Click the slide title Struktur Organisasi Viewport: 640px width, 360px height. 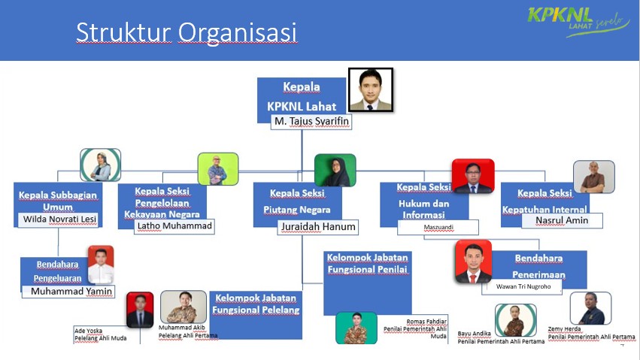[x=186, y=32]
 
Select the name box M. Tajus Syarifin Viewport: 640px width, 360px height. [x=311, y=122]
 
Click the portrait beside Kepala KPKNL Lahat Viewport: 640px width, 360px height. [x=371, y=89]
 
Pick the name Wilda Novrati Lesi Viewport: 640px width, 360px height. [x=59, y=219]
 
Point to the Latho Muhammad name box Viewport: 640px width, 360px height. [x=174, y=226]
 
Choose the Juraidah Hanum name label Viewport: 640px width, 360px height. [x=318, y=227]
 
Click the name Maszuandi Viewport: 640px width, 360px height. [x=438, y=227]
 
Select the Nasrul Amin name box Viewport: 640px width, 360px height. [x=562, y=220]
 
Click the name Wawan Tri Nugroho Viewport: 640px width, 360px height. [x=523, y=286]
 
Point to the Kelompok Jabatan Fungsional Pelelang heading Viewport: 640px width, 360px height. [x=256, y=304]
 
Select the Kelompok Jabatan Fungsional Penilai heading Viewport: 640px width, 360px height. [x=367, y=263]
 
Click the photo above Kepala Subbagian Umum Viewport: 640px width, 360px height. [x=101, y=165]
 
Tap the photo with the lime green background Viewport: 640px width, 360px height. [x=218, y=169]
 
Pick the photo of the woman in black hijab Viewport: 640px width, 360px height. [x=335, y=171]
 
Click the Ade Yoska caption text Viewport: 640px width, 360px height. [x=101, y=334]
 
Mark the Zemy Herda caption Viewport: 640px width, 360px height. [x=591, y=333]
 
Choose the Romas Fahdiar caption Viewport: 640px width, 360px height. [x=415, y=328]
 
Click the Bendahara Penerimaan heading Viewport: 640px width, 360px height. [x=538, y=266]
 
